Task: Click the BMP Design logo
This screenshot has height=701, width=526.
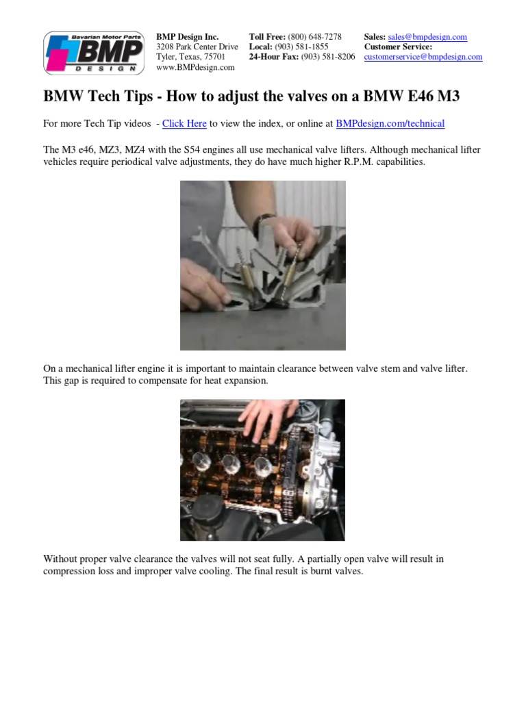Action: pyautogui.click(x=94, y=52)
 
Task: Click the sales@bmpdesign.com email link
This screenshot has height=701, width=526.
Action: pyautogui.click(x=427, y=37)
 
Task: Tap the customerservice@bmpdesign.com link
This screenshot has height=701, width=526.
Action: pyautogui.click(x=423, y=58)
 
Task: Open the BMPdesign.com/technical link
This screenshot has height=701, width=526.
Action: pyautogui.click(x=390, y=124)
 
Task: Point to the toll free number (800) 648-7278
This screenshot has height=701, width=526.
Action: pyautogui.click(x=314, y=37)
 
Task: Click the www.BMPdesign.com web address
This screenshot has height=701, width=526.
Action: pyautogui.click(x=195, y=68)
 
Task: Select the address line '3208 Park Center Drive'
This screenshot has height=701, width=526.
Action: pyautogui.click(x=197, y=47)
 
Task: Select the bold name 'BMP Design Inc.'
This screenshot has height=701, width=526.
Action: pyautogui.click(x=188, y=37)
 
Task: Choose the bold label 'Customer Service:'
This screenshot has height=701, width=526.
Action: pyautogui.click(x=398, y=47)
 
